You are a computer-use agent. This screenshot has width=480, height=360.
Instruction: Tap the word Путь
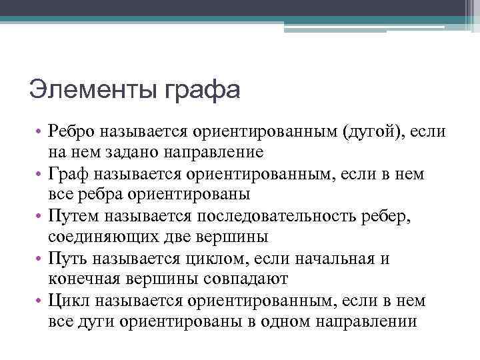(x=69, y=259)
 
